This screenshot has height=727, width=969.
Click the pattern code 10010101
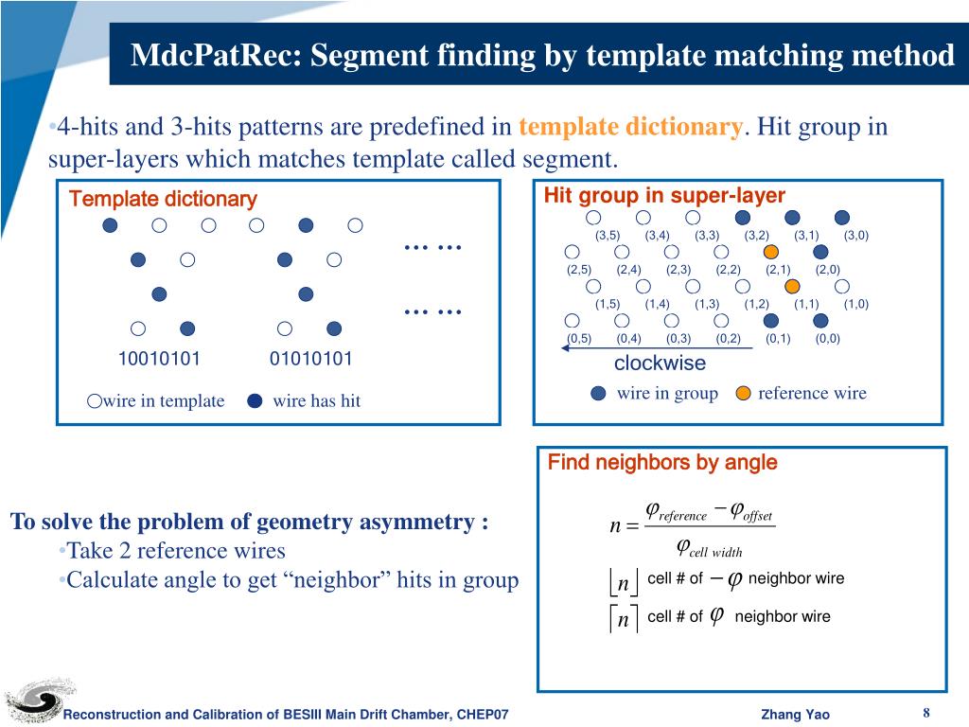[159, 359]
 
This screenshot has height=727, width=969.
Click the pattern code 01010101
[311, 359]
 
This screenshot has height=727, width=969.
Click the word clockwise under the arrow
[660, 363]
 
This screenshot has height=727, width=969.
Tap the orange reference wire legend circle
[744, 394]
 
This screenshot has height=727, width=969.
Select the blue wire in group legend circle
[598, 394]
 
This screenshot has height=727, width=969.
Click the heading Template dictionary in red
[163, 199]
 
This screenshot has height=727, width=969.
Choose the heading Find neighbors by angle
[662, 462]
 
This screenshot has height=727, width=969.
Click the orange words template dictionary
[631, 127]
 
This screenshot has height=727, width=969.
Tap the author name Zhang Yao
[795, 714]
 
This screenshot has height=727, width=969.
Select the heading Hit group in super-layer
[664, 196]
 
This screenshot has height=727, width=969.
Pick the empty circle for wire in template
[94, 400]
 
